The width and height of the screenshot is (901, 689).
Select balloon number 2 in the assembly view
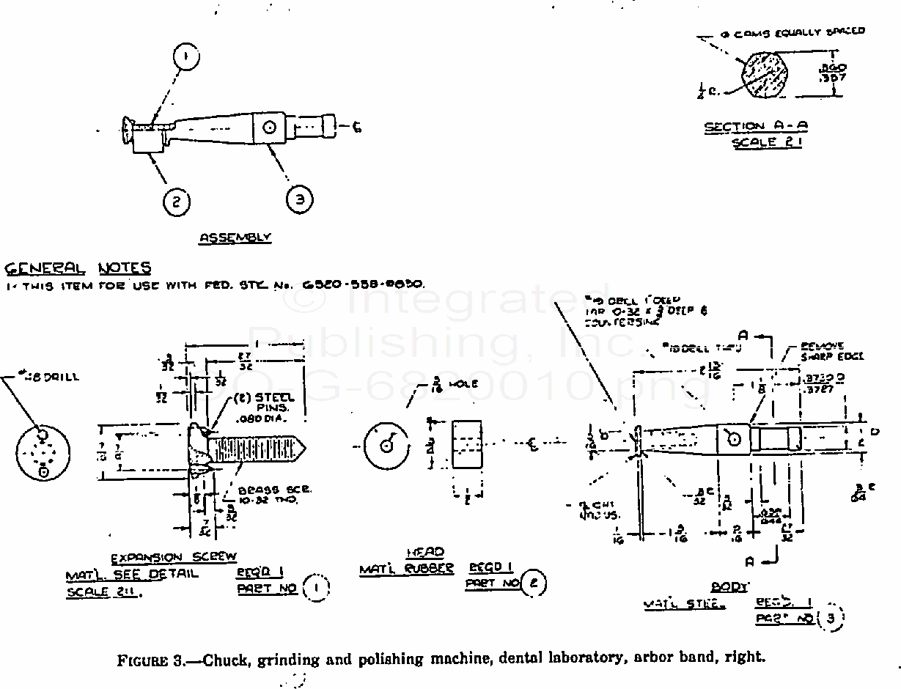177,200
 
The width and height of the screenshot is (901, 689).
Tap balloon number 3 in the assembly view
299,199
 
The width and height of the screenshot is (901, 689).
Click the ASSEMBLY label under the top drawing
235,237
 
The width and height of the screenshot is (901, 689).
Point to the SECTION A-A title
756,127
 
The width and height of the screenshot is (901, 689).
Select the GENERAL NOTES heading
77,268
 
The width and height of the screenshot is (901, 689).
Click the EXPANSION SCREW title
174,559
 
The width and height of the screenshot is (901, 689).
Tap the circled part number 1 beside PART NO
316,587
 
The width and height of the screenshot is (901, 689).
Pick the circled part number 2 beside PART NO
534,583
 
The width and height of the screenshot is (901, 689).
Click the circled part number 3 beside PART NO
830,618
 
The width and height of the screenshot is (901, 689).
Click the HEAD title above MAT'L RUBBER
425,552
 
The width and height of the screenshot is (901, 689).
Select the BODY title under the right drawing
729,587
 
